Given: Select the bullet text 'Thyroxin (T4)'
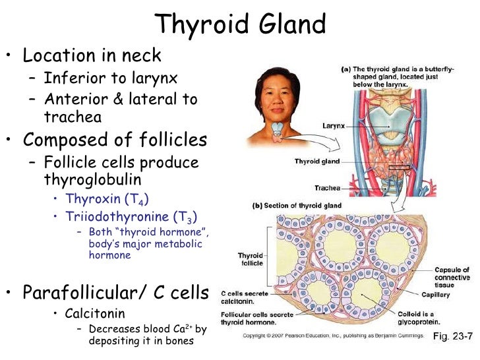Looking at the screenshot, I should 102,198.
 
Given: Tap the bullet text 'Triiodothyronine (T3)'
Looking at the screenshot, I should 131,216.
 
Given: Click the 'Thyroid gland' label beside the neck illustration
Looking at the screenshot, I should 318,161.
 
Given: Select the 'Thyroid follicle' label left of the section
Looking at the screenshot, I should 251,259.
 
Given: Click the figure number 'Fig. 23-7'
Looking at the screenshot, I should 453,336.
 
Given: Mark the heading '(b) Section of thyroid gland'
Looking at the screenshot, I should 297,205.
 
